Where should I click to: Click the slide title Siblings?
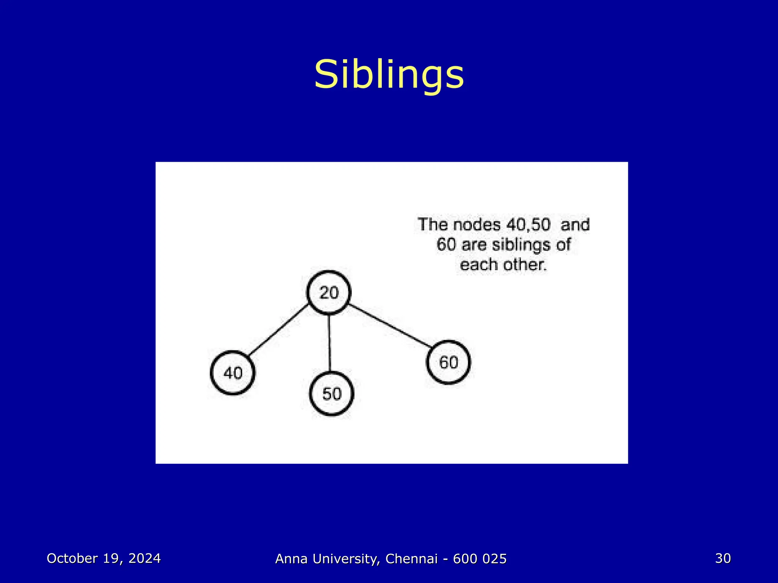[389, 75]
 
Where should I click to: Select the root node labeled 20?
[329, 293]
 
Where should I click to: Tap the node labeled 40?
[232, 373]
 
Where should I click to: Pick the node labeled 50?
[332, 394]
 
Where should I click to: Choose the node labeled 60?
[448, 362]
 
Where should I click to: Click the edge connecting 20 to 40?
[278, 330]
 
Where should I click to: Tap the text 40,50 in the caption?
[528, 225]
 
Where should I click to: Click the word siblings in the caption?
[521, 245]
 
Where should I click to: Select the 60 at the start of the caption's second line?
[446, 244]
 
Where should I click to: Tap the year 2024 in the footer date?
[144, 558]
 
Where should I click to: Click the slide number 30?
[723, 558]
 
